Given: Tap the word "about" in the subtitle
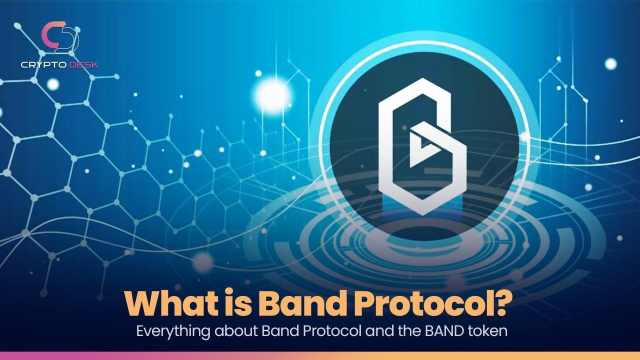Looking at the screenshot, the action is click(x=236, y=331).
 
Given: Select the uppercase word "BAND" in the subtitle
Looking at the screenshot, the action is click(x=444, y=331).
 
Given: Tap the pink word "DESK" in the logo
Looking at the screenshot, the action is click(x=83, y=65).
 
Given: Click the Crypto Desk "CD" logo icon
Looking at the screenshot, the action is click(x=60, y=37).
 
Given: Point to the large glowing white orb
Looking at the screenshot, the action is click(x=272, y=95).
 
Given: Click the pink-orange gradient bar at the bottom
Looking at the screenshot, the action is click(x=320, y=356).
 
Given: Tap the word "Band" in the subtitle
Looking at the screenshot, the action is click(x=280, y=331).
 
